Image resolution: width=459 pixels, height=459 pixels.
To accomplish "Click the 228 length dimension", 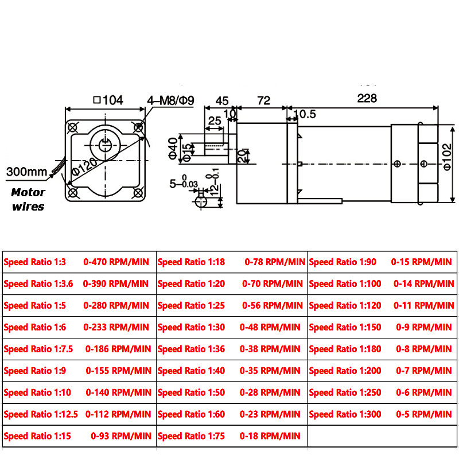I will point(367,98).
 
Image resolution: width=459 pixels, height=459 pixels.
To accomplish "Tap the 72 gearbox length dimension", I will point(263,100).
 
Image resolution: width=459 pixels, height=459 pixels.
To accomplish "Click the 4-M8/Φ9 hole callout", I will point(171,100).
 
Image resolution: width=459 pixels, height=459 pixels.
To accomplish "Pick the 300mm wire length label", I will point(26,172).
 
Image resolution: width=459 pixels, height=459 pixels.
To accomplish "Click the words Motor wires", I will point(28,199).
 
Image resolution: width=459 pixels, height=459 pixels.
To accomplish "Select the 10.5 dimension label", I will point(304,114).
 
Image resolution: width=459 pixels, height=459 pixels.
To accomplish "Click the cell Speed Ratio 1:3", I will point(35,262).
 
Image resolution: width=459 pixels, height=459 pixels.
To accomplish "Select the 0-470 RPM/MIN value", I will point(116,262).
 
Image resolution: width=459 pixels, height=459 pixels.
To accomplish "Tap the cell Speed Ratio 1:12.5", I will point(40,414).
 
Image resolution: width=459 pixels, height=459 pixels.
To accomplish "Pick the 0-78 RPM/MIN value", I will point(275,262).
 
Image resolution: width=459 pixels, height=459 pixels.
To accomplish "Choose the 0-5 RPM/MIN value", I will point(424,414).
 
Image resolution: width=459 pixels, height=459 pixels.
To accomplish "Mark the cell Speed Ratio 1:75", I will point(191,436).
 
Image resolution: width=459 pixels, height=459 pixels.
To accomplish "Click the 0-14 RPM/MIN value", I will point(424,283).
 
